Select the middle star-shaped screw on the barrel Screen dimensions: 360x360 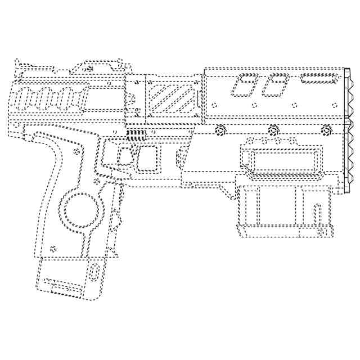(273, 129)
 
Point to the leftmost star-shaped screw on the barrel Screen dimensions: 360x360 (220, 130)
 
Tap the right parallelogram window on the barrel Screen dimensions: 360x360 (276, 84)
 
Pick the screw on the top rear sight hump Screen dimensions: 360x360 (90, 68)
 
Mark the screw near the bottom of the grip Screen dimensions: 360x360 (53, 248)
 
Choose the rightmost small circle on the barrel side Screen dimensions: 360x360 (330, 105)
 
